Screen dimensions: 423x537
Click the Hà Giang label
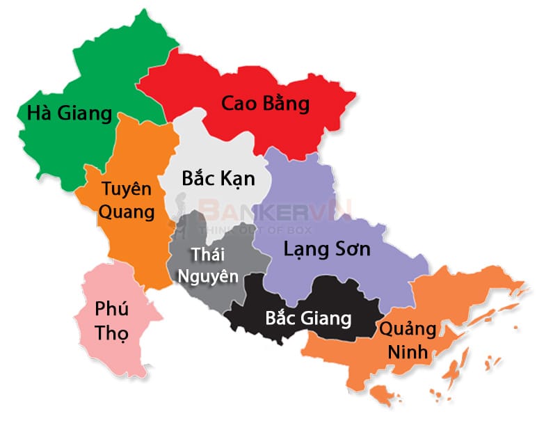coord(69,113)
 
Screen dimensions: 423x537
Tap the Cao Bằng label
coord(265,104)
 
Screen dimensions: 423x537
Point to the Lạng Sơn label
coord(327,249)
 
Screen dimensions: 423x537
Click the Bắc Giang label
coord(308,319)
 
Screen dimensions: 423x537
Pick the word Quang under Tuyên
coord(127,212)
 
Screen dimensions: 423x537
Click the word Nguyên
coord(208,276)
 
